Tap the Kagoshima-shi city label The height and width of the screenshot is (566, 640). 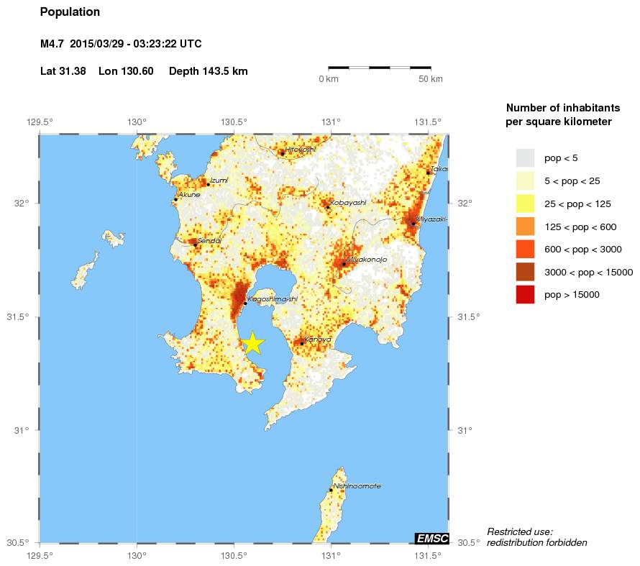tap(272, 299)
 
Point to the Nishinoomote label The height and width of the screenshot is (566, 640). tap(357, 486)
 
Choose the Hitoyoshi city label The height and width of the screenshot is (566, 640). tap(301, 149)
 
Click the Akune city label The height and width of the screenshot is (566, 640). tap(189, 195)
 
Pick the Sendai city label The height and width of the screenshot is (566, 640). tap(209, 240)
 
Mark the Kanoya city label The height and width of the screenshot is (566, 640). tap(317, 339)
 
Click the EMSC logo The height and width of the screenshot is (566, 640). tap(432, 538)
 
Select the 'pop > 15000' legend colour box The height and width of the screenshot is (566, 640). tap(526, 294)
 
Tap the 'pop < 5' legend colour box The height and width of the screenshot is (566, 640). tap(526, 158)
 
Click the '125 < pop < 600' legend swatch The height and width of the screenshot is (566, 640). tap(526, 227)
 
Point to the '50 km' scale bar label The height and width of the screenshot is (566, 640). tap(431, 78)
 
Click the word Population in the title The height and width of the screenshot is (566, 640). tap(70, 12)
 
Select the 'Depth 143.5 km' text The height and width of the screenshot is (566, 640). tap(209, 71)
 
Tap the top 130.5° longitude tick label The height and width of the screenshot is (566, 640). tap(234, 122)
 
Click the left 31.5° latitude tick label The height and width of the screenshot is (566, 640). tap(22, 317)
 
